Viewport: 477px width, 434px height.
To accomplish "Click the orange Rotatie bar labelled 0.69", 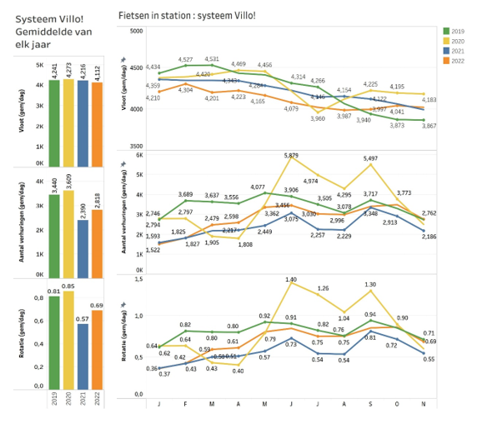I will tap(96, 354).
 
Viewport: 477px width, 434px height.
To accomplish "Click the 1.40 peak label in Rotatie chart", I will tap(291, 279).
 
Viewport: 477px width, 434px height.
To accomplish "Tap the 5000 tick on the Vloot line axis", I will tap(136, 31).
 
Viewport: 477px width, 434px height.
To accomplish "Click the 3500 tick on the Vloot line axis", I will tap(136, 147).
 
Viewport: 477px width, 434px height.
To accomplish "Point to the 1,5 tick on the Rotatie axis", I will tap(138, 279).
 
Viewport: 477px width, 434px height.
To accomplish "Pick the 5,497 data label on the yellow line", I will tap(369, 158).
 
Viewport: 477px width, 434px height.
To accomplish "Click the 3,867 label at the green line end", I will tap(429, 126).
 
